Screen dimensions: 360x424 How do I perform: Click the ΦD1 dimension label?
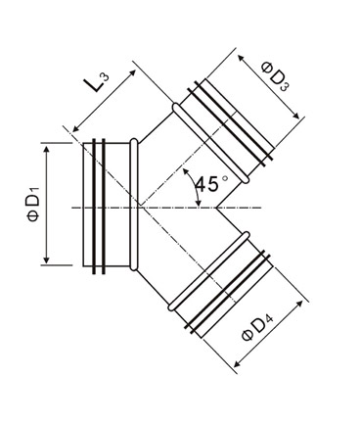pyautogui.click(x=33, y=205)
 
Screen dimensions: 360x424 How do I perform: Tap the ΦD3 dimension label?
pyautogui.click(x=276, y=77)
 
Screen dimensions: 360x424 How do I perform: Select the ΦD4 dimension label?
pyautogui.click(x=258, y=327)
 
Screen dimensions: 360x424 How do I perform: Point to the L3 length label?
pyautogui.click(x=97, y=82)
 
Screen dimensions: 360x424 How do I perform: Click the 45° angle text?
pyautogui.click(x=210, y=184)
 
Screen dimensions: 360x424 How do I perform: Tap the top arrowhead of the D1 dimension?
pyautogui.click(x=47, y=150)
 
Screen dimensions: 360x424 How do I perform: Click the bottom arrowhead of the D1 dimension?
pyautogui.click(x=47, y=259)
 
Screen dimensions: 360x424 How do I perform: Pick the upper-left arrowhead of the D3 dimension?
pyautogui.click(x=242, y=59)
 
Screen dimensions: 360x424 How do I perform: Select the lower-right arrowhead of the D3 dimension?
pyautogui.click(x=295, y=116)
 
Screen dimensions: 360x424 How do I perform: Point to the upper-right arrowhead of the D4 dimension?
pyautogui.click(x=299, y=305)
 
